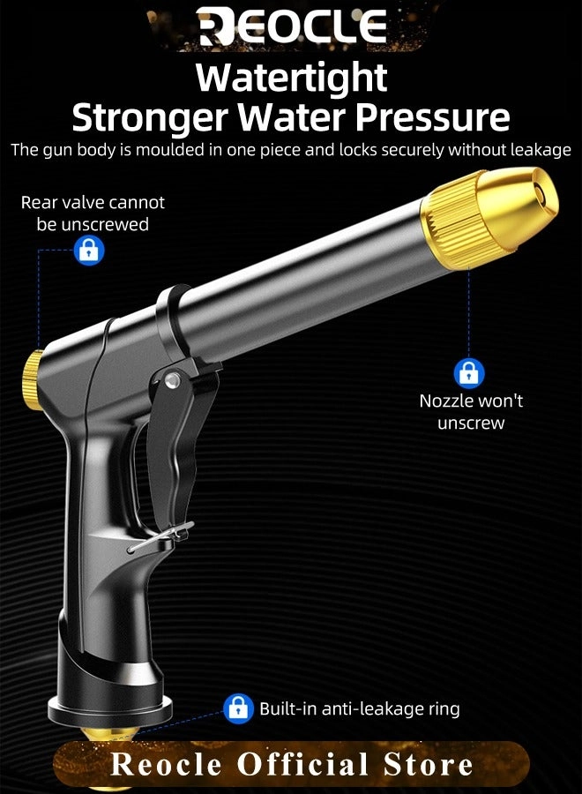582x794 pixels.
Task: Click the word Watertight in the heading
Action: pyautogui.click(x=291, y=78)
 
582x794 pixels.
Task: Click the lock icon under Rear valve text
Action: pyautogui.click(x=88, y=251)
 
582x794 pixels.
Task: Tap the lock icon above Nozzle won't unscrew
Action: pyautogui.click(x=469, y=372)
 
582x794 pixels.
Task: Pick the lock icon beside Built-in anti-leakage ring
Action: pyautogui.click(x=238, y=708)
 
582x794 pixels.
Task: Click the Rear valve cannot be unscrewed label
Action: pyautogui.click(x=93, y=213)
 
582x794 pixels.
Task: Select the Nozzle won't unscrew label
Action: pyautogui.click(x=471, y=411)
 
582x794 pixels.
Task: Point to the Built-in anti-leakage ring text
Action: pyautogui.click(x=359, y=708)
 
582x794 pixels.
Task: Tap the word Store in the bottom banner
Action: pyautogui.click(x=431, y=764)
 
